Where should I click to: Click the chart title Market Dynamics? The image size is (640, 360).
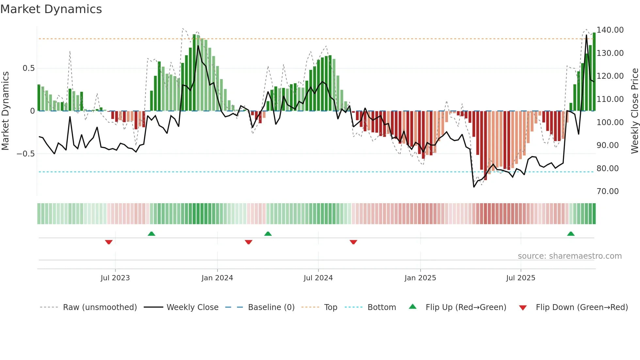pos(51,9)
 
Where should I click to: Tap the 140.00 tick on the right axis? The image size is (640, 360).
pos(610,30)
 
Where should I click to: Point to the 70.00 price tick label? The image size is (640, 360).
pos(607,191)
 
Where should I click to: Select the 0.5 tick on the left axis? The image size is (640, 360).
pos(28,68)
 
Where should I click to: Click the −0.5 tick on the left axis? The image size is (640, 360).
pos(26,154)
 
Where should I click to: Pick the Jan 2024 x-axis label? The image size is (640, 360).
pos(217,278)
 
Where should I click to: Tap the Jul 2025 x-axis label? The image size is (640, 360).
pos(520,278)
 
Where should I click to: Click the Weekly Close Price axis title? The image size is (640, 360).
pos(634,111)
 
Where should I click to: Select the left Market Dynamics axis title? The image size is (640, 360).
pos(5,111)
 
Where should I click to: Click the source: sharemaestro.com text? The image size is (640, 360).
pos(569,256)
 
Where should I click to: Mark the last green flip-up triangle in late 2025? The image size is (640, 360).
pos(571,234)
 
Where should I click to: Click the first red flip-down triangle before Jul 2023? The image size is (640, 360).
pos(109,242)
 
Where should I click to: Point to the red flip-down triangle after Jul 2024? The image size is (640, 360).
pos(353,242)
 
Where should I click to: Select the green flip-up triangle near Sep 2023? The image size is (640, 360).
pos(151,234)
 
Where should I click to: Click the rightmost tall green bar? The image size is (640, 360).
pos(594,72)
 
